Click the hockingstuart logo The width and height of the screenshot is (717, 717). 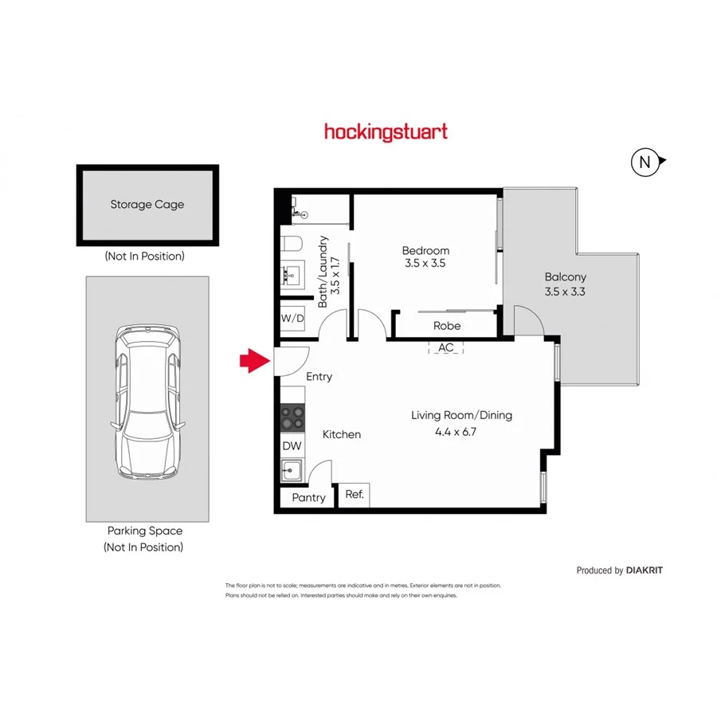pos(386,132)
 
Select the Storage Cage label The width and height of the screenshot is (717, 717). pos(147,205)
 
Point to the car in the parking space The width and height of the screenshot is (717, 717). pos(148,402)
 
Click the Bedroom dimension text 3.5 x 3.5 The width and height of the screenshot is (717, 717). pos(425,264)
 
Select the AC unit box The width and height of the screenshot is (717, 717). pos(445,347)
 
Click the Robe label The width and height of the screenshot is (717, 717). pos(446,326)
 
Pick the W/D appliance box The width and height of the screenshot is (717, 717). pos(292,318)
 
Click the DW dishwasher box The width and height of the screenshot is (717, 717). pos(292,446)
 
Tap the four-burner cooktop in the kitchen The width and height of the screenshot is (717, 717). pos(292,417)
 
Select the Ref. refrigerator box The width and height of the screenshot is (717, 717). pos(355,495)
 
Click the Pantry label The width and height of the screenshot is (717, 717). pos(308,498)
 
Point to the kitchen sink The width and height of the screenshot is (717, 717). pos(292,471)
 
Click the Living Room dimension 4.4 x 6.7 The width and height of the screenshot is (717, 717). pos(460,432)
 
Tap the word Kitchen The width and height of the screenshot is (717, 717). pos(341,434)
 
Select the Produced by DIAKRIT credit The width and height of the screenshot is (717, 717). pos(619,570)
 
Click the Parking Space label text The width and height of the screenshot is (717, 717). pos(145,531)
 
